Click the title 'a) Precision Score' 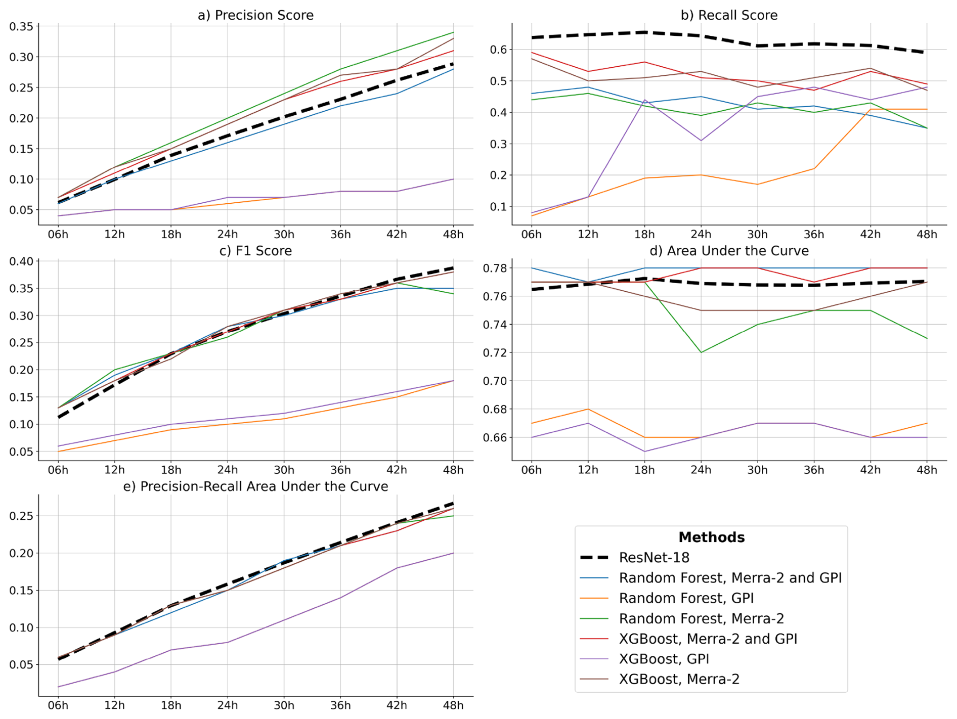[255, 15]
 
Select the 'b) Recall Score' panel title [729, 15]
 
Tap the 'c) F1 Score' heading [255, 251]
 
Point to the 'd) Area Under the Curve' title [729, 251]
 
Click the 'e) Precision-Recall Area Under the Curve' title [255, 486]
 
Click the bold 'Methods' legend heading [711, 537]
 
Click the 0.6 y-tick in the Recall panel [498, 50]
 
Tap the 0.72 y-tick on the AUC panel [495, 352]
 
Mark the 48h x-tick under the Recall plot [927, 235]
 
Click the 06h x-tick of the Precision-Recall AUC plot [58, 705]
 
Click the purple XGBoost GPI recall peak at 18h [644, 100]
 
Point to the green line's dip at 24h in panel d [701, 352]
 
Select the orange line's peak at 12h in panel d [588, 409]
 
